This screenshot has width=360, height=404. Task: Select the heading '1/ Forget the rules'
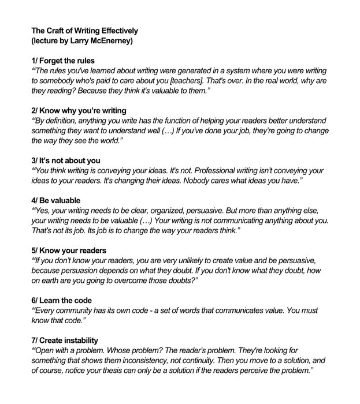[62, 60]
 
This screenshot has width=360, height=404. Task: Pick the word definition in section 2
[69, 121]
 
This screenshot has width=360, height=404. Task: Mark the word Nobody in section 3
[210, 181]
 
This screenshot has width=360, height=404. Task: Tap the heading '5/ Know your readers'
[69, 250]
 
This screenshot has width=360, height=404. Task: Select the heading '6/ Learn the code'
[62, 301]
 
